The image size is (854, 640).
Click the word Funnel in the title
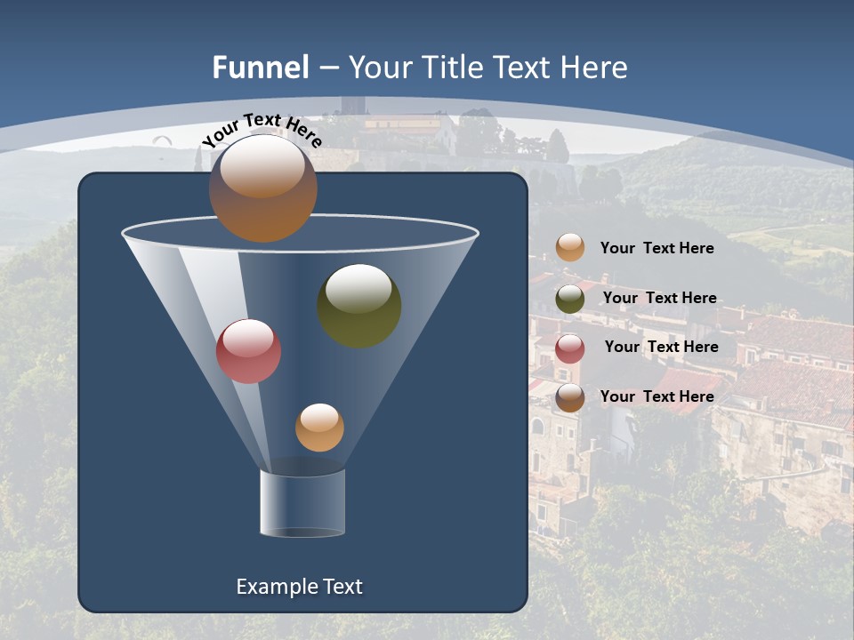click(x=260, y=68)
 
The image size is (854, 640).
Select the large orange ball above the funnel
click(x=262, y=188)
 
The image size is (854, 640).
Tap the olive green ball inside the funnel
click(x=359, y=305)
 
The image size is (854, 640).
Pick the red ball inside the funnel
click(x=248, y=351)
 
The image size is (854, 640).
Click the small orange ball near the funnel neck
click(x=319, y=428)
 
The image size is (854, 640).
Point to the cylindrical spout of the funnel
click(x=302, y=503)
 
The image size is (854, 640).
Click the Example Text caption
click(x=299, y=587)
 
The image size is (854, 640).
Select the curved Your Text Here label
click(x=262, y=130)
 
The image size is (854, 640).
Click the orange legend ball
click(x=570, y=248)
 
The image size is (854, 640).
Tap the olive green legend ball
click(x=570, y=299)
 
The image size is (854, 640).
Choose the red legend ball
click(x=570, y=348)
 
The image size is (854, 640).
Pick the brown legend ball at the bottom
click(x=570, y=397)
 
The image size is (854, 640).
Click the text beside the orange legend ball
click(x=657, y=248)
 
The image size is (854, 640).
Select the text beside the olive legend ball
click(x=659, y=298)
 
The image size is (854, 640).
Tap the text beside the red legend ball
click(x=661, y=347)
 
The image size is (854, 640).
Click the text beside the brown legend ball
click(x=657, y=396)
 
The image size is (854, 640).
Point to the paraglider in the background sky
click(x=162, y=140)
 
